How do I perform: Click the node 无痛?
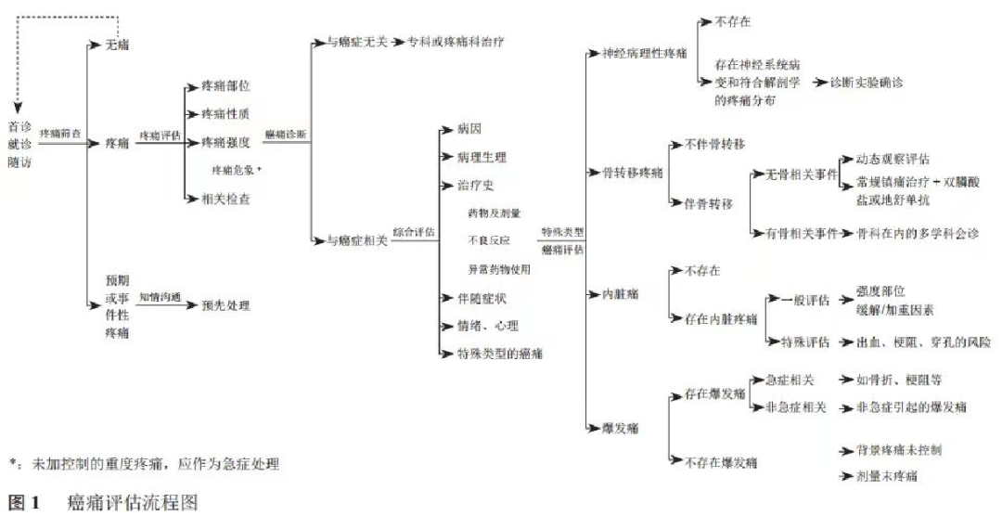click(117, 45)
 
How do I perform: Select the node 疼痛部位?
click(225, 85)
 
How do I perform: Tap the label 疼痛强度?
click(225, 142)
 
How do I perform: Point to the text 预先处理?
click(225, 305)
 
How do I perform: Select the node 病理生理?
click(482, 157)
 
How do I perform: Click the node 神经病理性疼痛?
click(645, 53)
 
